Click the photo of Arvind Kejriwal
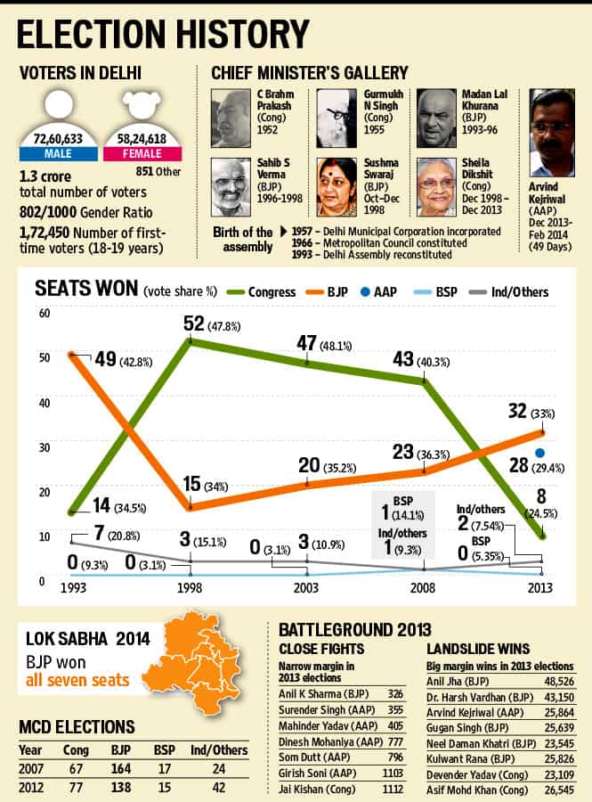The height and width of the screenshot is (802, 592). (x=552, y=133)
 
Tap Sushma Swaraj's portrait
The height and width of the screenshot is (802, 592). (x=337, y=187)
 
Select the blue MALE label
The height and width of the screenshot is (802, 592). (x=58, y=153)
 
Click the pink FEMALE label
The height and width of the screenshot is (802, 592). (x=142, y=153)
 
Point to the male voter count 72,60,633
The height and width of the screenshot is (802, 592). (x=58, y=139)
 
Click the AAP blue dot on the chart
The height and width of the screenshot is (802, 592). (x=539, y=453)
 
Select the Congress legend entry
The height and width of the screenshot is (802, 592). (x=261, y=292)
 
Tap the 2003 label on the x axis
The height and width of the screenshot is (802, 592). (x=306, y=588)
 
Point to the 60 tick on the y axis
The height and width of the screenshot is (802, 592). (x=45, y=313)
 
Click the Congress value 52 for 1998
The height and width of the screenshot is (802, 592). (x=194, y=323)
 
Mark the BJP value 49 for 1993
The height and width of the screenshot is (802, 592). (x=106, y=359)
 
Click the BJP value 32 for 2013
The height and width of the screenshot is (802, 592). (x=517, y=411)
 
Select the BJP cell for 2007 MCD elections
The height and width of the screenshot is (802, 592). (x=121, y=769)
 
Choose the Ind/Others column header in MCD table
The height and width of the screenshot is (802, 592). (x=219, y=750)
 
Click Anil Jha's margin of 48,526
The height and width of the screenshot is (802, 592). (x=559, y=682)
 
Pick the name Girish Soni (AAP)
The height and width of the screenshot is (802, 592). (x=317, y=773)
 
